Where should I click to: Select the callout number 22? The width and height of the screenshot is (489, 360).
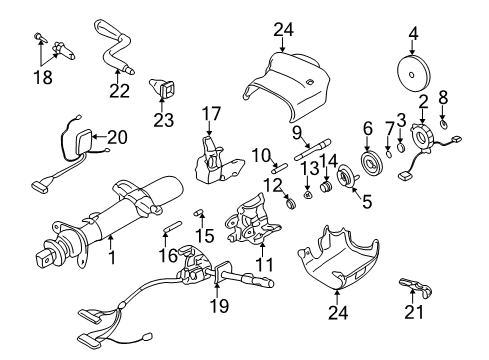coord(120,91)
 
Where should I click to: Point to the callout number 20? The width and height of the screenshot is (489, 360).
coord(118,137)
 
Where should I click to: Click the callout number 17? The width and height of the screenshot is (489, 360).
coord(211,113)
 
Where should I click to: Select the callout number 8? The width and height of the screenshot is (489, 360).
coord(445,99)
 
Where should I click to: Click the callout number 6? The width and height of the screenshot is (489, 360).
coord(368,127)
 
